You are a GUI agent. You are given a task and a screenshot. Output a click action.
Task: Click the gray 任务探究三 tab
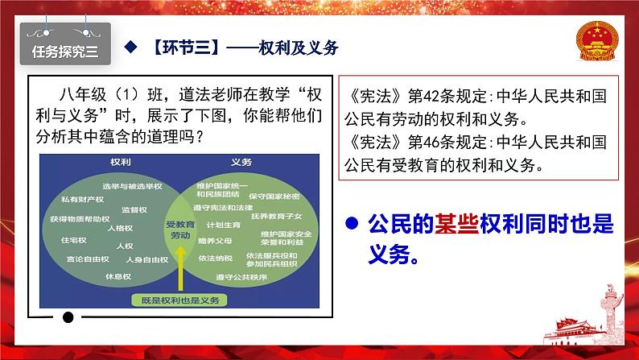click(65, 44)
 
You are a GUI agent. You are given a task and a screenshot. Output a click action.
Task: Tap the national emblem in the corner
click(597, 41)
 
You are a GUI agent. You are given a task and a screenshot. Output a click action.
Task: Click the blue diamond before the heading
click(130, 47)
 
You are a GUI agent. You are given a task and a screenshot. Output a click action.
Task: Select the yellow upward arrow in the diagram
click(180, 268)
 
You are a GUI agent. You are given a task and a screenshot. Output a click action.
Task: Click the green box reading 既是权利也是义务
click(179, 300)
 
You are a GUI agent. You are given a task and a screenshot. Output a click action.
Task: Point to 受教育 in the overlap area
click(180, 224)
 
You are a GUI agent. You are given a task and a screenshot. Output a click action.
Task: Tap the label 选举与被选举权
click(132, 186)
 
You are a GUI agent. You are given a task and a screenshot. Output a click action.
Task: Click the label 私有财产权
click(82, 200)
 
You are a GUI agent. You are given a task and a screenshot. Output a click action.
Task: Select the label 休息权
click(118, 276)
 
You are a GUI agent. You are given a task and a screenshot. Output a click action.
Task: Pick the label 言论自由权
click(88, 259)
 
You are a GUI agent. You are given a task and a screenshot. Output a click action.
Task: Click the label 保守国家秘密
click(274, 196)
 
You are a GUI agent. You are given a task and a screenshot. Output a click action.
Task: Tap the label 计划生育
click(223, 225)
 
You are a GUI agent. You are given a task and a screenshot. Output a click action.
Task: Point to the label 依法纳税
click(215, 258)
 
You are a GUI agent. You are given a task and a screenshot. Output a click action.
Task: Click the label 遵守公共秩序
click(241, 277)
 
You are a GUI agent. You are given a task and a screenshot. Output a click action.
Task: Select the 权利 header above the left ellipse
click(121, 162)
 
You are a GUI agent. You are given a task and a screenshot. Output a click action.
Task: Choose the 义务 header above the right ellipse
click(241, 162)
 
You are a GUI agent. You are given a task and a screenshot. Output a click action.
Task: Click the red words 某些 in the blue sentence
click(457, 223)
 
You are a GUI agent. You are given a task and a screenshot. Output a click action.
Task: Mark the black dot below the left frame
click(68, 317)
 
